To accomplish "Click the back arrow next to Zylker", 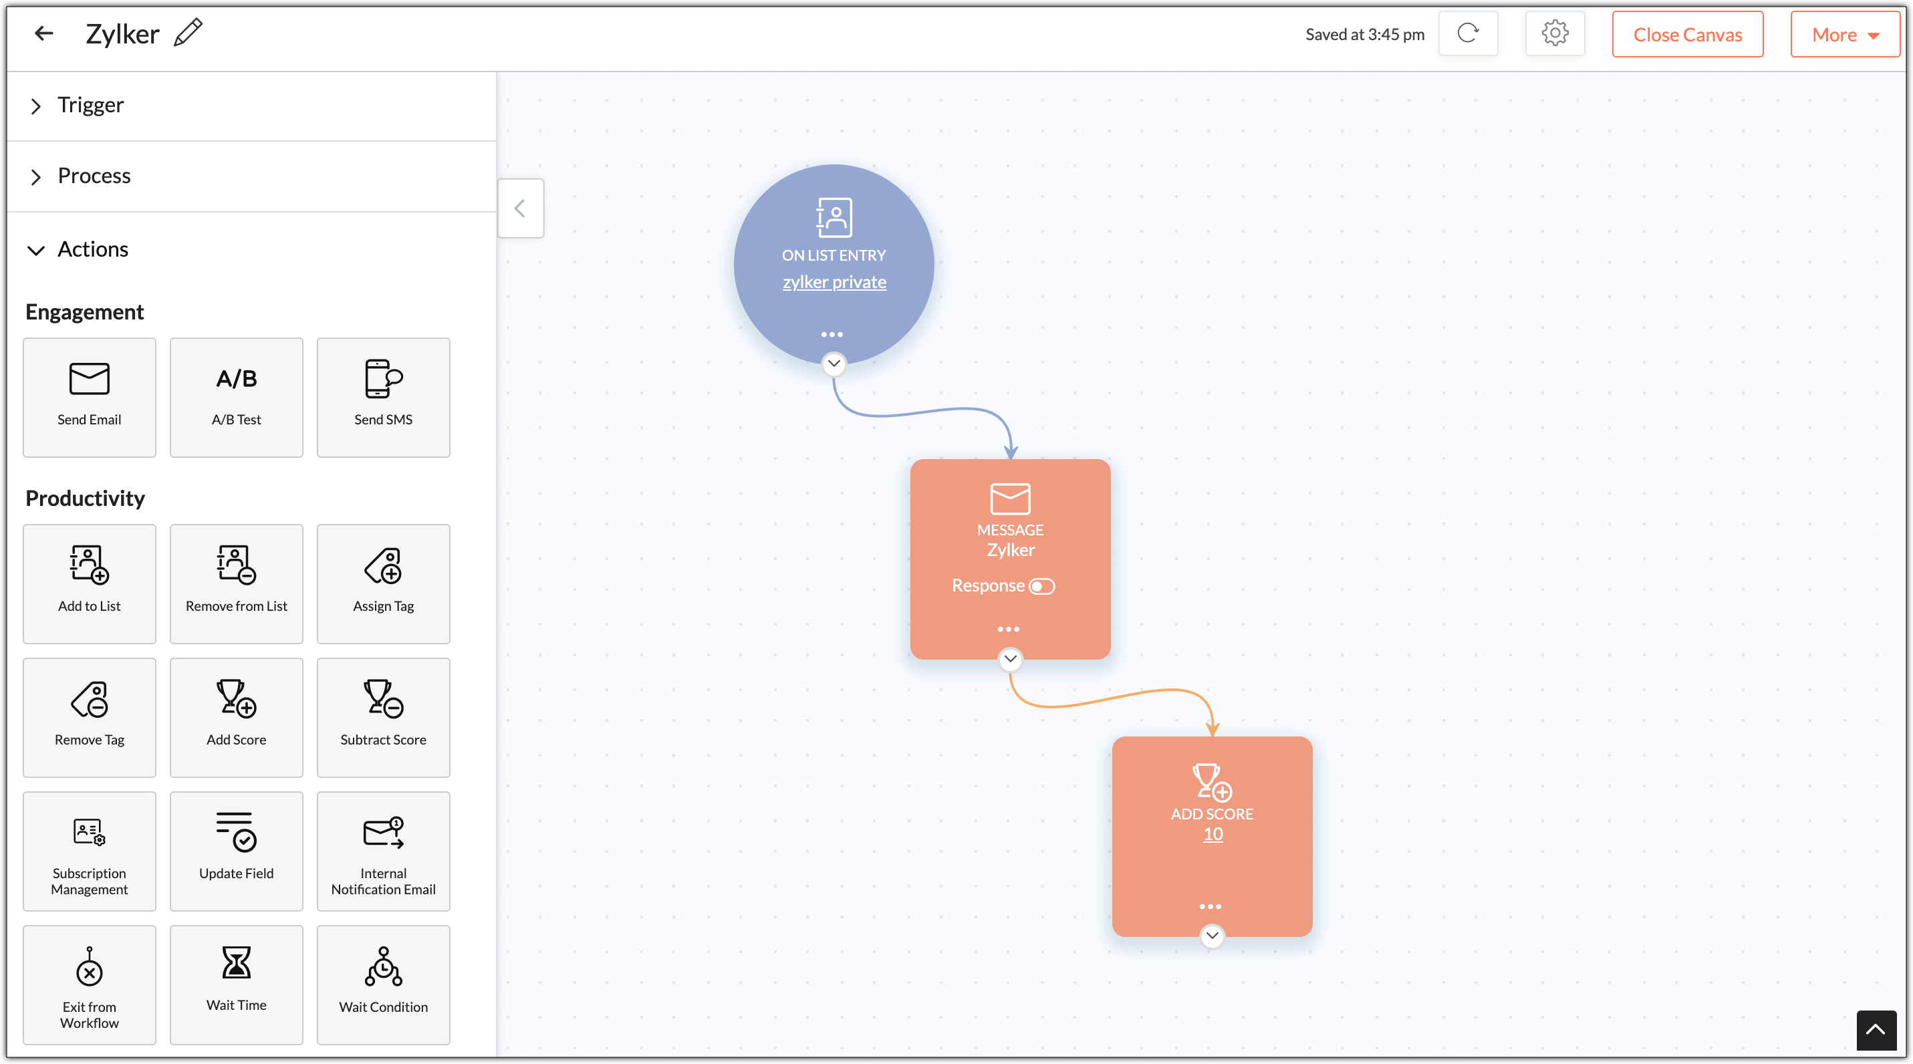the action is [x=44, y=33].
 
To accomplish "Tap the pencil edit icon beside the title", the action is [x=188, y=33].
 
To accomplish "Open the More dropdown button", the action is [x=1845, y=34].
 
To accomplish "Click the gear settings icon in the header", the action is [x=1554, y=33].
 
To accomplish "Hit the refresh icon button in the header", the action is [x=1467, y=33].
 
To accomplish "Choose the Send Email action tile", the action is [x=89, y=397].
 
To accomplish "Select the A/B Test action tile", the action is [x=236, y=397].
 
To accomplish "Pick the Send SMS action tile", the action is [x=383, y=397].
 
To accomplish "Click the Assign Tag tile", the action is [x=383, y=583].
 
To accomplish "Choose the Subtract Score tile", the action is [x=383, y=717].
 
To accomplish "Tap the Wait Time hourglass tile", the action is [x=236, y=984].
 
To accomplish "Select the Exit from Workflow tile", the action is [x=89, y=984].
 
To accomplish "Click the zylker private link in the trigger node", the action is [x=834, y=282].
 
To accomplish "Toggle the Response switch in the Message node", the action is [x=1042, y=586].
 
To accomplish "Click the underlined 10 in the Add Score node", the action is [x=1213, y=834].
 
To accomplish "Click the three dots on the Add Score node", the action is [x=1210, y=906].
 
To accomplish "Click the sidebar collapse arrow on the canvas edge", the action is [x=521, y=208].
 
